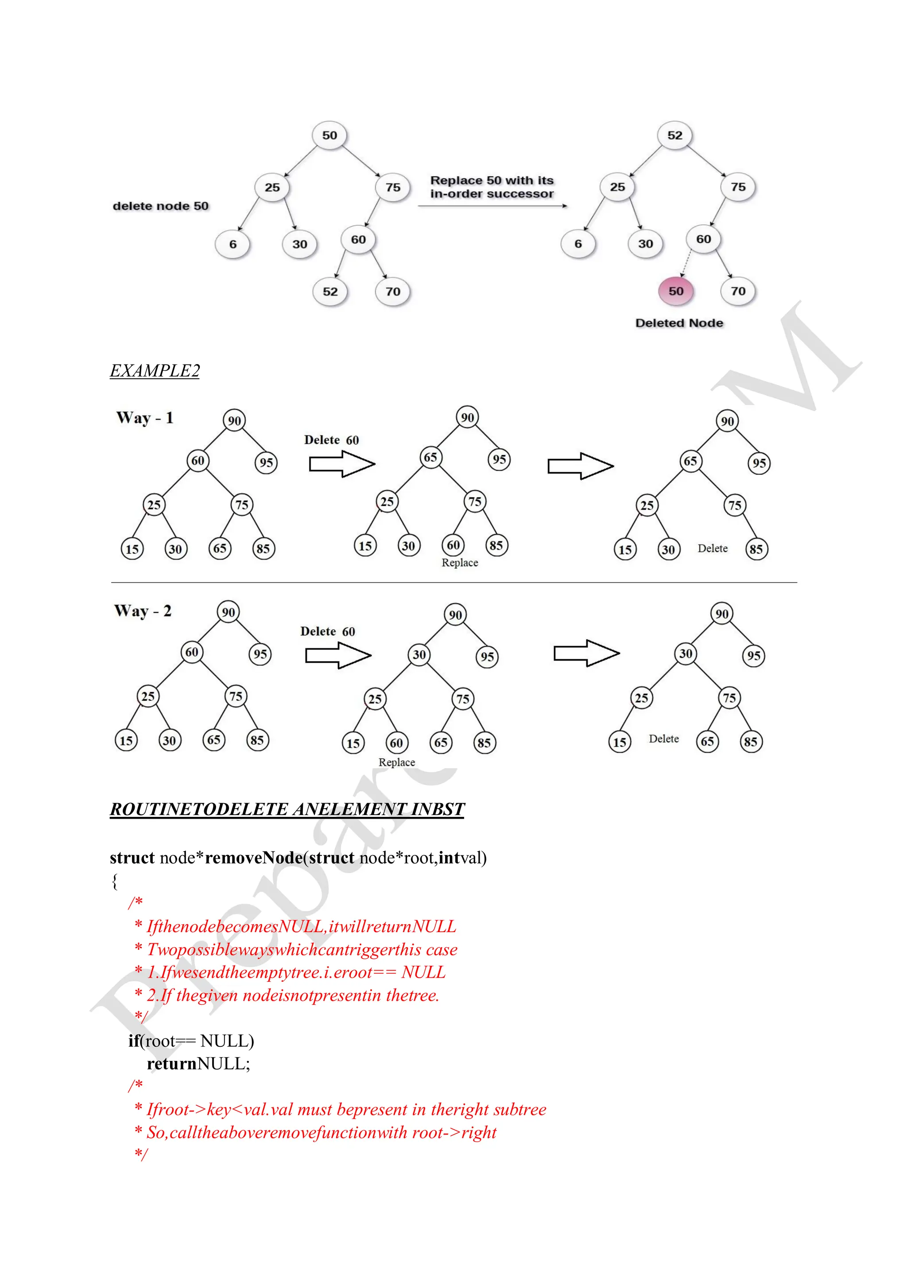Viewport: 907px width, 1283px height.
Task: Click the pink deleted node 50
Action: [x=676, y=291]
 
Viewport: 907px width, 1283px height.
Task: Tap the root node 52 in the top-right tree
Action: [x=674, y=135]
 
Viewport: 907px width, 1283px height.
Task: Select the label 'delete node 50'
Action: [x=160, y=206]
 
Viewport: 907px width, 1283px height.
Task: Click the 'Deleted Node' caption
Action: [x=679, y=323]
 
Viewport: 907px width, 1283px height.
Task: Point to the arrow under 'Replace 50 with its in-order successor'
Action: [x=492, y=206]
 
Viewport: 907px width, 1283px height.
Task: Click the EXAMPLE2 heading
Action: [x=155, y=370]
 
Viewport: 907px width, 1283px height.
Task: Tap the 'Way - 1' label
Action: [x=145, y=418]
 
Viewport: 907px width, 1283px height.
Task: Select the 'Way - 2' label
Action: [x=143, y=611]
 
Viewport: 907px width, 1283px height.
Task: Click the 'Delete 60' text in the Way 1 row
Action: [x=331, y=440]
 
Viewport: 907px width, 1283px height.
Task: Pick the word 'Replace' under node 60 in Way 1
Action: [x=460, y=563]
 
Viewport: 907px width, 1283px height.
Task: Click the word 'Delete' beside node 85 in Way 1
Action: [x=713, y=549]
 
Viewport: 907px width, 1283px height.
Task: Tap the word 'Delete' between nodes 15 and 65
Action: [x=663, y=739]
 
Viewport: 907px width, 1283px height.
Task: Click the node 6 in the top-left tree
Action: [x=233, y=244]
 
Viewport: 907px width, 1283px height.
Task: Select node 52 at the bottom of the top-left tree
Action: [x=330, y=292]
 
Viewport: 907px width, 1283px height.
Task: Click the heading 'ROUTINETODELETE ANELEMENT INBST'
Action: [x=287, y=809]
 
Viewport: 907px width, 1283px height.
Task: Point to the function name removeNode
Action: [x=254, y=858]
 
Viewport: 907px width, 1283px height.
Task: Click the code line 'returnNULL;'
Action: [x=198, y=1063]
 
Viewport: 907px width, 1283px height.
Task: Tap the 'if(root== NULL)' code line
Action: [x=191, y=1041]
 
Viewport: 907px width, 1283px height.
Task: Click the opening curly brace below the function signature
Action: [x=115, y=881]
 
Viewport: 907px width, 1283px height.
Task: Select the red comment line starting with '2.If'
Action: [x=293, y=995]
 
